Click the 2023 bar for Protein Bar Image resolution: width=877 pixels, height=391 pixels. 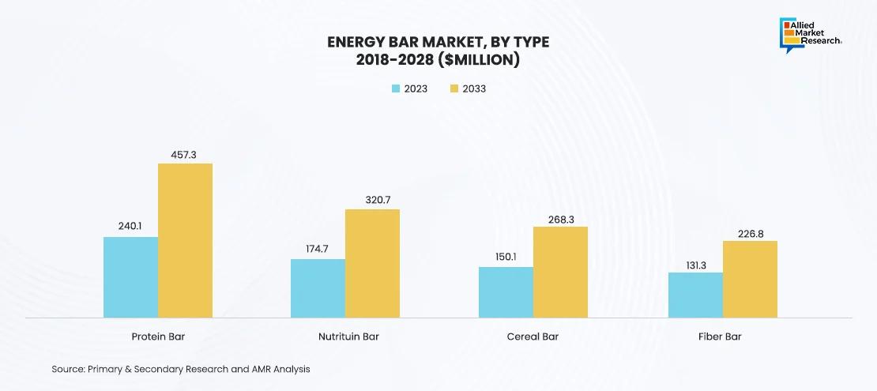click(x=130, y=277)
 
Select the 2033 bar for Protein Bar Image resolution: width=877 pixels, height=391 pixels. click(x=185, y=241)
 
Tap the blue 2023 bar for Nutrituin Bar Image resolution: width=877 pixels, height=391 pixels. click(x=318, y=288)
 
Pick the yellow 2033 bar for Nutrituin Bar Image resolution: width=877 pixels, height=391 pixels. click(x=372, y=264)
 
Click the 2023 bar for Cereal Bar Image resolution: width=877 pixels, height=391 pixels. click(x=506, y=292)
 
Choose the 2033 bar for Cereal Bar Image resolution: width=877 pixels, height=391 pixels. click(x=560, y=273)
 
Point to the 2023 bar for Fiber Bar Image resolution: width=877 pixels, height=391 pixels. click(x=695, y=295)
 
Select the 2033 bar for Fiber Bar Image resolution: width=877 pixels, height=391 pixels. click(x=750, y=280)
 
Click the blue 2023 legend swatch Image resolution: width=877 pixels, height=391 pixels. click(x=396, y=88)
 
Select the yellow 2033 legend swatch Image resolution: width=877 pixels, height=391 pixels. click(x=455, y=88)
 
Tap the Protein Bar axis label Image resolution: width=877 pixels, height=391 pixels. click(x=158, y=337)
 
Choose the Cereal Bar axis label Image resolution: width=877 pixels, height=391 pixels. click(x=533, y=337)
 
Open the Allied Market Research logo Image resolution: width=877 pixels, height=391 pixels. click(x=811, y=34)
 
